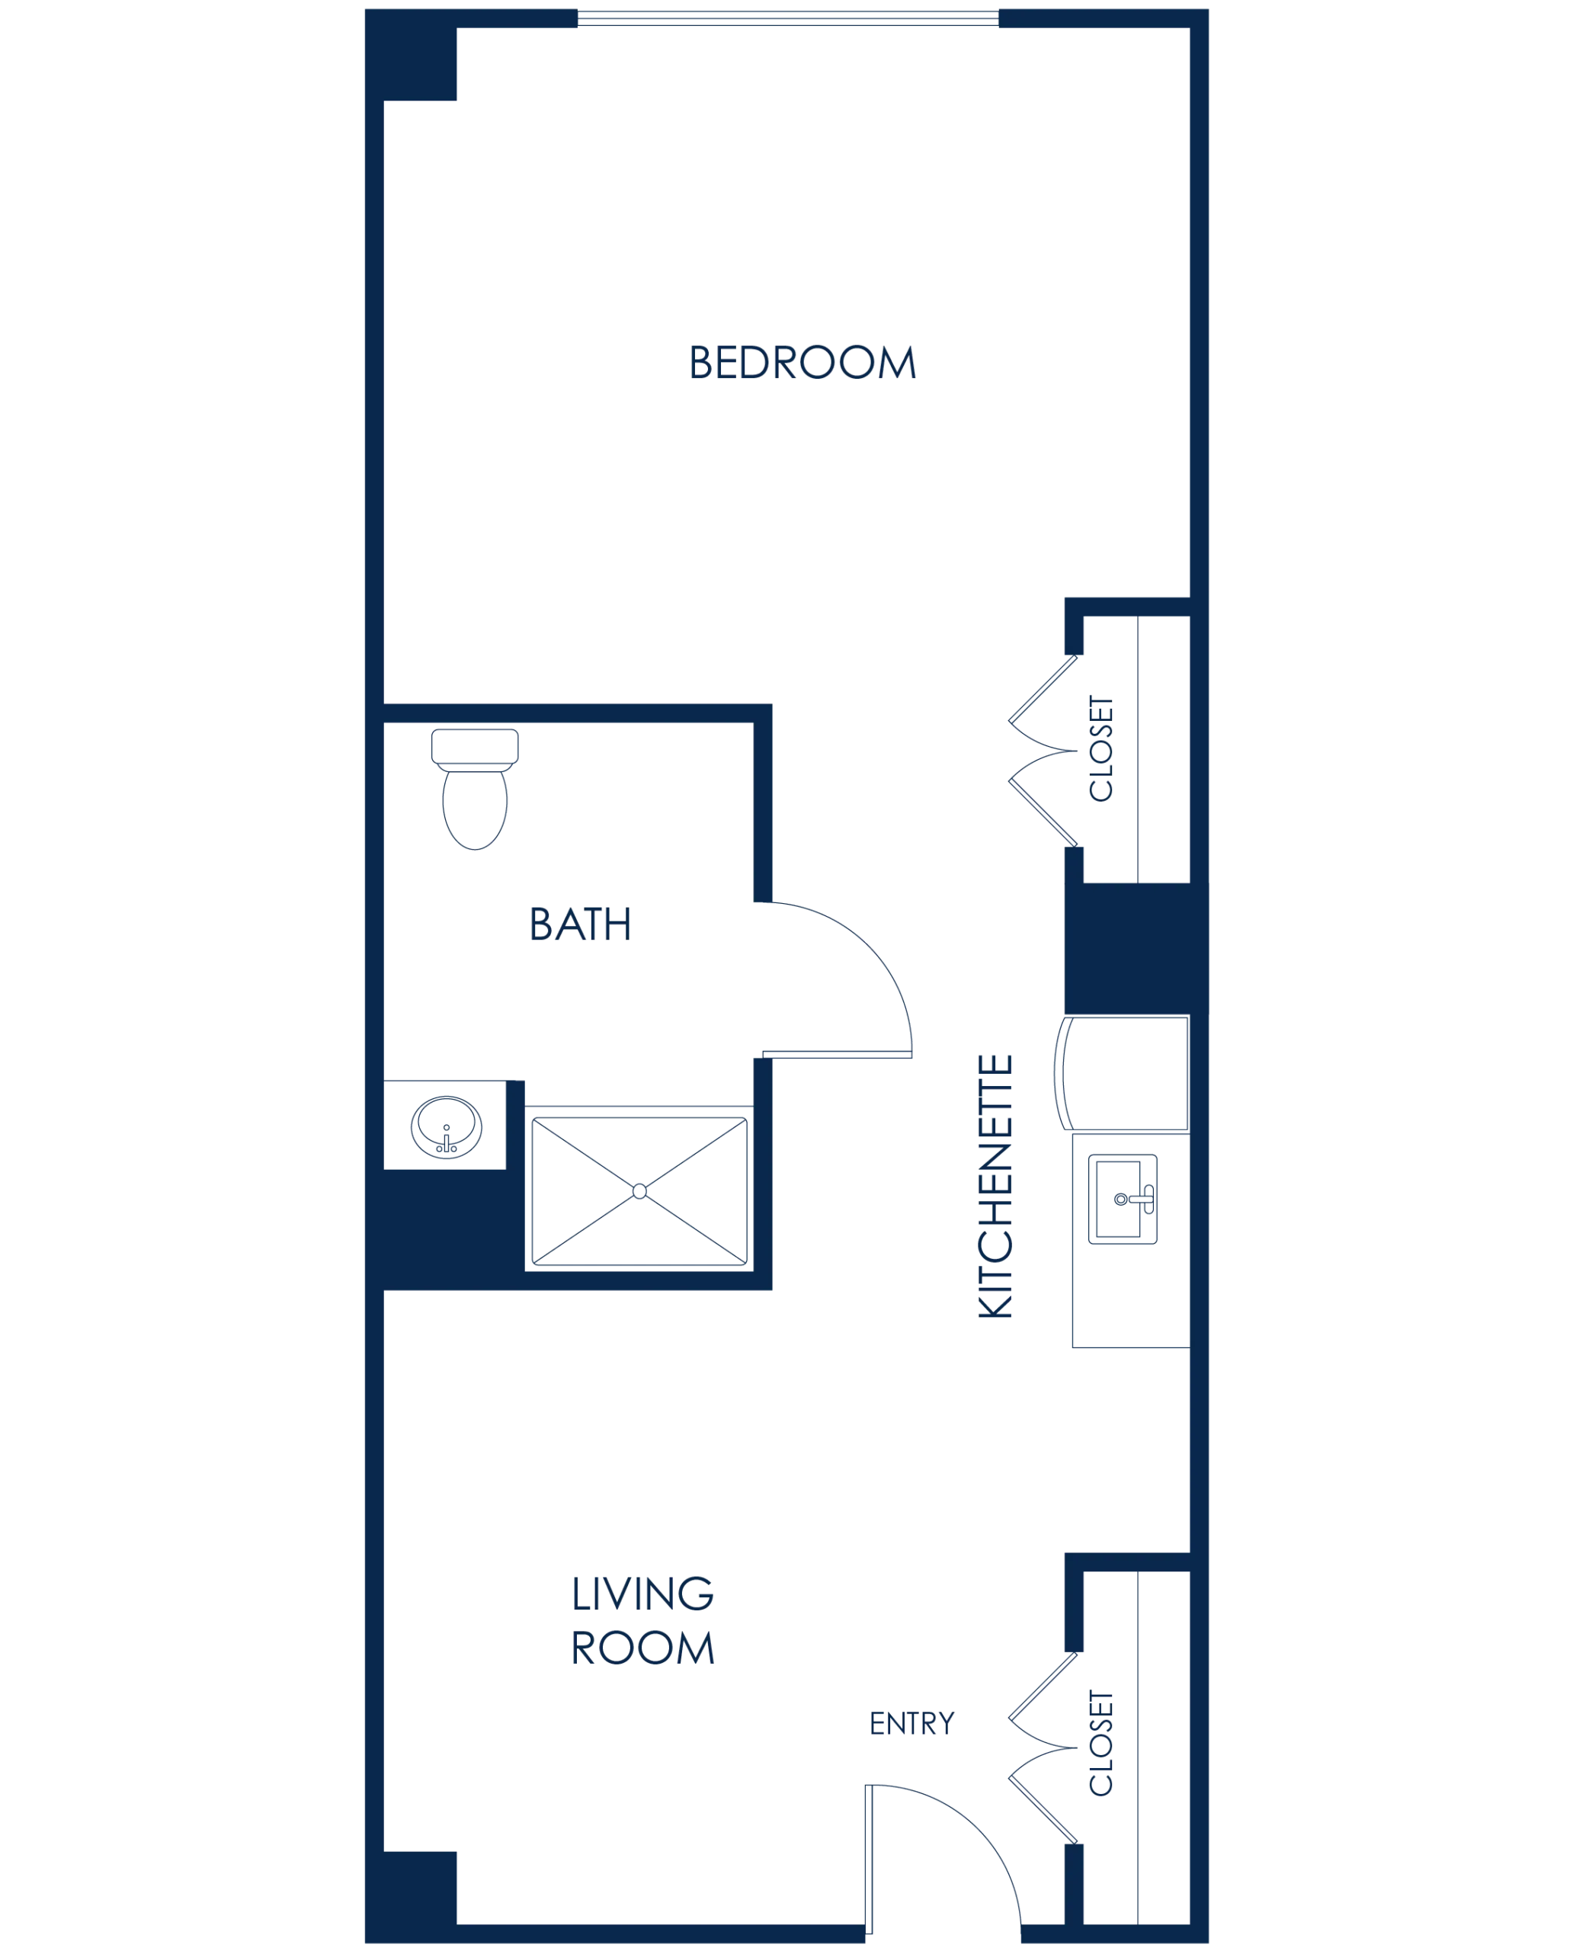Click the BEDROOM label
pyautogui.click(x=804, y=364)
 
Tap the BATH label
pyautogui.click(x=581, y=925)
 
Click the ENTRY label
pyautogui.click(x=911, y=1724)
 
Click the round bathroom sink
pyautogui.click(x=447, y=1126)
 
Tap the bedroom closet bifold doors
pyautogui.click(x=1042, y=751)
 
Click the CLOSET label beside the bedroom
pyautogui.click(x=1101, y=747)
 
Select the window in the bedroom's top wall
pyautogui.click(x=788, y=18)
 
